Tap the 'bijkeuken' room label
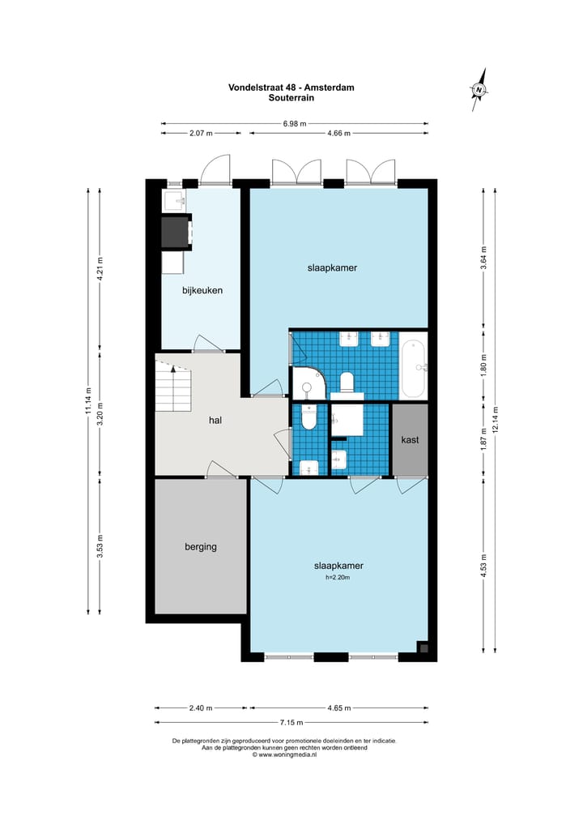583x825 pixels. [x=202, y=289]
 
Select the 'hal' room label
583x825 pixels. [x=215, y=420]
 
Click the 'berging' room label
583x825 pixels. [x=201, y=547]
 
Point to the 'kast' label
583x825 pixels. [x=410, y=439]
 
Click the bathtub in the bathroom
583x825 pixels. [x=413, y=367]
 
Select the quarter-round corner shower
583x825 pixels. [x=307, y=383]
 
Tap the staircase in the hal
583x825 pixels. [x=173, y=388]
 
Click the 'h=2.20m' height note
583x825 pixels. [x=338, y=578]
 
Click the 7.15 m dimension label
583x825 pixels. [x=291, y=723]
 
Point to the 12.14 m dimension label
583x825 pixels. [x=495, y=420]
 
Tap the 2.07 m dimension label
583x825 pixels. [x=201, y=133]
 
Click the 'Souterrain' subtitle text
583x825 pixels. [x=291, y=97]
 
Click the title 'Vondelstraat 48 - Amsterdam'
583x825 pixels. [x=291, y=88]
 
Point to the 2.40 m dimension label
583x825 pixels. [x=201, y=707]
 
